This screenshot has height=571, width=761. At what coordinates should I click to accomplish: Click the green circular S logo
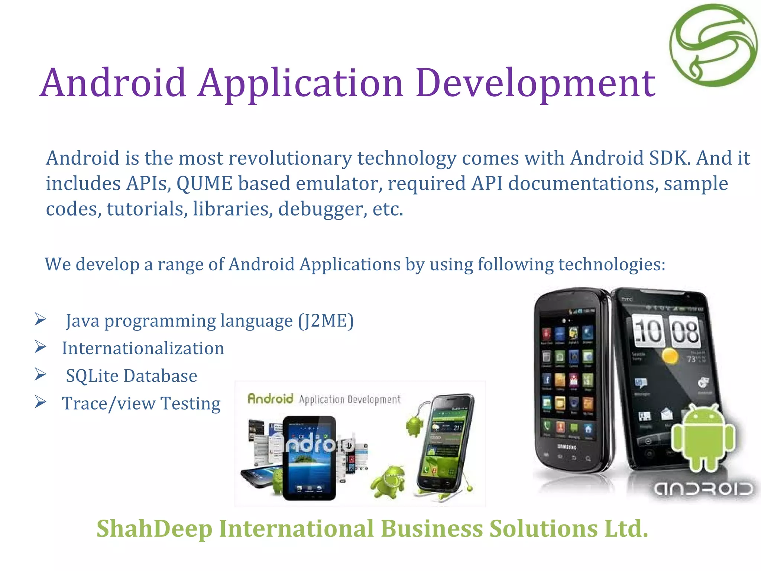pyautogui.click(x=713, y=45)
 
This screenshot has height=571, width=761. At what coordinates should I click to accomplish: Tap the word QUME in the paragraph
pyautogui.click(x=204, y=184)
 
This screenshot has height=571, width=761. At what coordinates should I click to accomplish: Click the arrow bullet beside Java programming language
pyautogui.click(x=41, y=319)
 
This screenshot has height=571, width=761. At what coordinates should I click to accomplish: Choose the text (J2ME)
pyautogui.click(x=326, y=321)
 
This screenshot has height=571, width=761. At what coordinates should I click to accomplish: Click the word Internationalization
pyautogui.click(x=143, y=348)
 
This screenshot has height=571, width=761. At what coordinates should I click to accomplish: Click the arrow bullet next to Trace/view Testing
pyautogui.click(x=41, y=402)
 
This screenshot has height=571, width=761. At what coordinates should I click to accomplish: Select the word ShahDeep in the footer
pyautogui.click(x=154, y=529)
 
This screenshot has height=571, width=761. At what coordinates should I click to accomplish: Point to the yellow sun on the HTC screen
pyautogui.click(x=670, y=356)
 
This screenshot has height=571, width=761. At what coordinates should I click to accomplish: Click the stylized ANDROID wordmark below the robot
pyautogui.click(x=703, y=489)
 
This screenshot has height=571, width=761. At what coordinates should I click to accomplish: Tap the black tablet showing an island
pyautogui.click(x=309, y=458)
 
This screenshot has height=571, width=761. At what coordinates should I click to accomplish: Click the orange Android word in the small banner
pyautogui.click(x=271, y=399)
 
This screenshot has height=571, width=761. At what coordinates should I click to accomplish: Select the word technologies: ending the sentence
pyautogui.click(x=612, y=265)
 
